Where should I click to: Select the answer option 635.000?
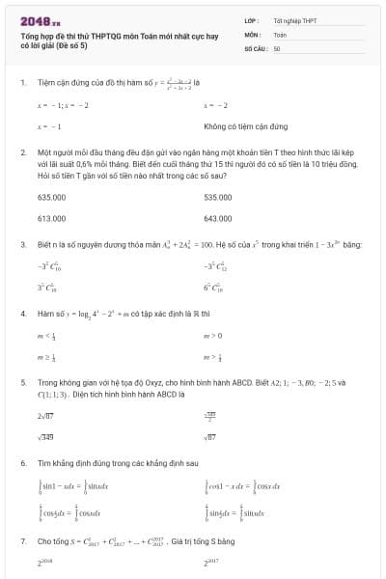(x=51, y=196)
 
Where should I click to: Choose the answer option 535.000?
(x=218, y=196)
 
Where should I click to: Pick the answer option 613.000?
(x=51, y=218)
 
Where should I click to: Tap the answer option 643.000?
(x=218, y=218)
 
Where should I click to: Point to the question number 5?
(x=22, y=381)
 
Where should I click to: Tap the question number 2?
(x=22, y=152)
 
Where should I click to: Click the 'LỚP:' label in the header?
(x=252, y=19)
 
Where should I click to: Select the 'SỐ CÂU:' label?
(x=255, y=47)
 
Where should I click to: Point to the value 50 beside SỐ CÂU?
(x=277, y=47)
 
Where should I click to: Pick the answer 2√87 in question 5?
(x=45, y=415)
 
